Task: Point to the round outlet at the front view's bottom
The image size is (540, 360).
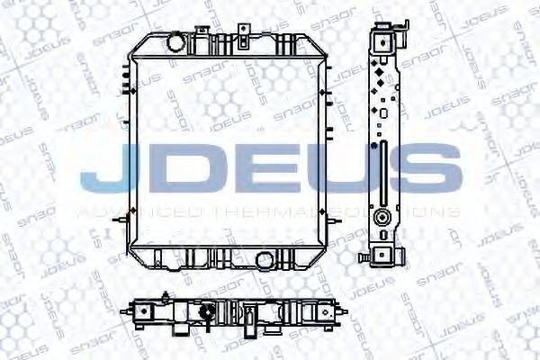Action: click(265, 260)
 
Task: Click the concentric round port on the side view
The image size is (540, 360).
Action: click(383, 217)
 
